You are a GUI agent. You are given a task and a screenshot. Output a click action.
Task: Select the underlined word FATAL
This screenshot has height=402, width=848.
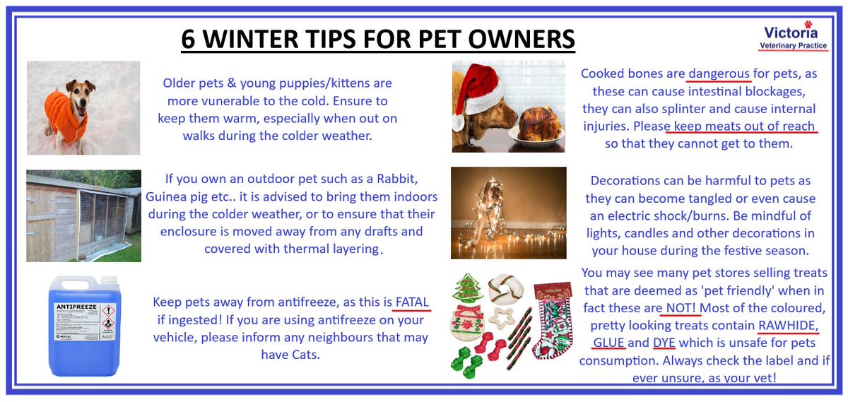(412, 302)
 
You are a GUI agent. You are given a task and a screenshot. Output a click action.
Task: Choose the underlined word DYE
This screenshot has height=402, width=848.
(664, 343)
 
